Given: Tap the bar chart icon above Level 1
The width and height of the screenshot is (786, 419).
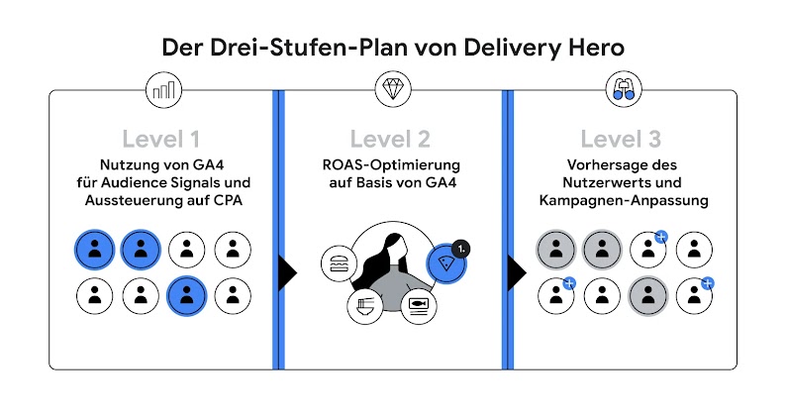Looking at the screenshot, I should [163, 91].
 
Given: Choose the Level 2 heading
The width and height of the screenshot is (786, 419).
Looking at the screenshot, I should [391, 139].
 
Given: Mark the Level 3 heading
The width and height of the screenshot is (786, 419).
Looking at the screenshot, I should [621, 139].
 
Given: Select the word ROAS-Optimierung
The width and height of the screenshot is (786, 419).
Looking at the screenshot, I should [392, 164].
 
